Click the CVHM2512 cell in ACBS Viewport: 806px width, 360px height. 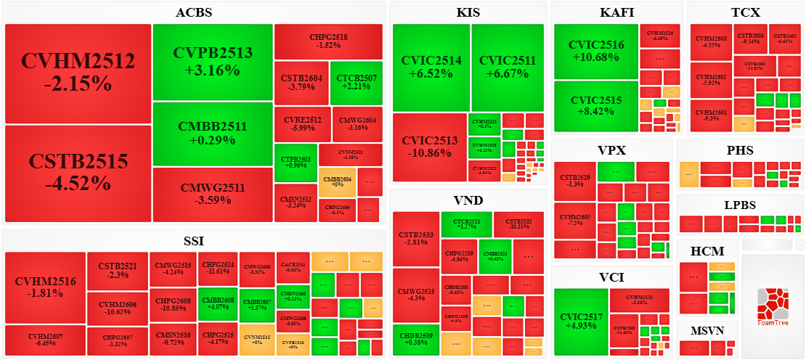[78, 73]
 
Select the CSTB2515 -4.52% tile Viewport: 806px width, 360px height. [78, 173]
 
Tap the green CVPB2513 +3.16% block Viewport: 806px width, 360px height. [213, 62]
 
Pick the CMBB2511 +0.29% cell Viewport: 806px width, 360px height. [213, 134]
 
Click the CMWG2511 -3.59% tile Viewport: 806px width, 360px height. [213, 195]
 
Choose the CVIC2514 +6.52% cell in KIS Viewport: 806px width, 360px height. [431, 67]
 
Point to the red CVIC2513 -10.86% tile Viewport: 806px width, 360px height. [429, 147]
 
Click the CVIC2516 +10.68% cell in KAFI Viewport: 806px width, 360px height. [596, 51]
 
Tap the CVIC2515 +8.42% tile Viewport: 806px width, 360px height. [596, 106]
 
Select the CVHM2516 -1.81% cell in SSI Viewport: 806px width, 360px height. [45, 287]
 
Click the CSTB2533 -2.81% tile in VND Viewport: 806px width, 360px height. [416, 238]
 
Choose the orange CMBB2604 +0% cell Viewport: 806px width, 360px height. [336, 181]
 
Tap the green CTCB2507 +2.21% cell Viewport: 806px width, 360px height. [356, 83]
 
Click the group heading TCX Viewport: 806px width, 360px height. [746, 12]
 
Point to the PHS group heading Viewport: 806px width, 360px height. [740, 151]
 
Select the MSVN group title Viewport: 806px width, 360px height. [707, 330]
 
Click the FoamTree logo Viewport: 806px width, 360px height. [773, 307]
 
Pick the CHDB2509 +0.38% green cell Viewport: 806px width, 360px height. [416, 340]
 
